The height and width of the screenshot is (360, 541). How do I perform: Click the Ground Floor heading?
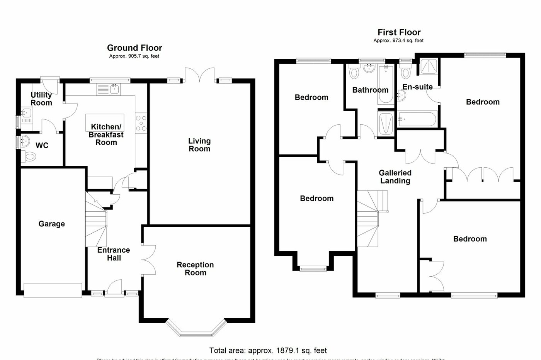[134, 48]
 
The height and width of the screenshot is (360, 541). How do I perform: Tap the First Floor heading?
[399, 32]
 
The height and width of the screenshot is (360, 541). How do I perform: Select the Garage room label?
[51, 224]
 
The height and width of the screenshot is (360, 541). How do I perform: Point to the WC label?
[42, 146]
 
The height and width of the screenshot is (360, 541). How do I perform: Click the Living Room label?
[199, 145]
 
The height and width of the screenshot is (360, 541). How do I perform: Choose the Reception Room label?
[195, 269]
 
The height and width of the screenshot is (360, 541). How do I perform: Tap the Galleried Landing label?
[395, 177]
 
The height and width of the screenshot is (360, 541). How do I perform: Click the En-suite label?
[417, 87]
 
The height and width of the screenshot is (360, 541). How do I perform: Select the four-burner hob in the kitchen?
[141, 124]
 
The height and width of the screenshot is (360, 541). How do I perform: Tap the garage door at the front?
[53, 290]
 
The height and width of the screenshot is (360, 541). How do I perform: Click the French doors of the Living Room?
[199, 75]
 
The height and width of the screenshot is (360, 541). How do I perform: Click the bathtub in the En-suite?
[417, 119]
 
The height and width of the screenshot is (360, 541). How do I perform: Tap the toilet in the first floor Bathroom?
[354, 72]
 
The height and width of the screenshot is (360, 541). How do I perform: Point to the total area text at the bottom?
[268, 351]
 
